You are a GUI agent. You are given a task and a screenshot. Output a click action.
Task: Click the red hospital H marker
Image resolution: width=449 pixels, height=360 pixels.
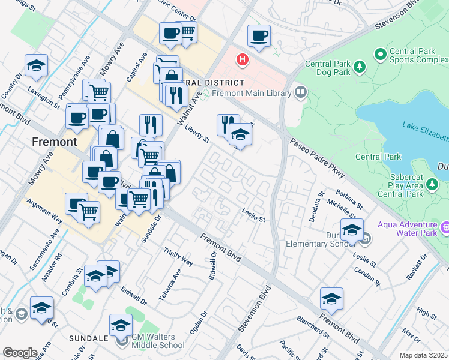(243, 60)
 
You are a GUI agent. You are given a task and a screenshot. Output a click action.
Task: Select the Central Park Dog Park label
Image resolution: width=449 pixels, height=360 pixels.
(327, 68)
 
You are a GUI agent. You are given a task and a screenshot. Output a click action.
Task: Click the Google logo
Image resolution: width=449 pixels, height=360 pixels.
(20, 353)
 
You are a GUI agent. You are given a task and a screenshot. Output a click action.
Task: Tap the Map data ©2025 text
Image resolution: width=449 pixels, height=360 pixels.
(423, 355)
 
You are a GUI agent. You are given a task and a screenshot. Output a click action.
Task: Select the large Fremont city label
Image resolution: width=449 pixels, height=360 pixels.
(55, 142)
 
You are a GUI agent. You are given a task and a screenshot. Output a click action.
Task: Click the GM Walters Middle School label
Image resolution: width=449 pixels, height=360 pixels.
(158, 341)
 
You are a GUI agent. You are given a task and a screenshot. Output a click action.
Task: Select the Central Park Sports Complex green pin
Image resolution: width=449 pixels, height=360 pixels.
(380, 55)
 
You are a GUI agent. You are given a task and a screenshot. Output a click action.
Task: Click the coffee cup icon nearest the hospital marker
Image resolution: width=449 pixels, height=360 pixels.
(259, 36)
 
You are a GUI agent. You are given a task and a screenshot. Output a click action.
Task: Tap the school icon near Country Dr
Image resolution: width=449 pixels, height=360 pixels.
(36, 66)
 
